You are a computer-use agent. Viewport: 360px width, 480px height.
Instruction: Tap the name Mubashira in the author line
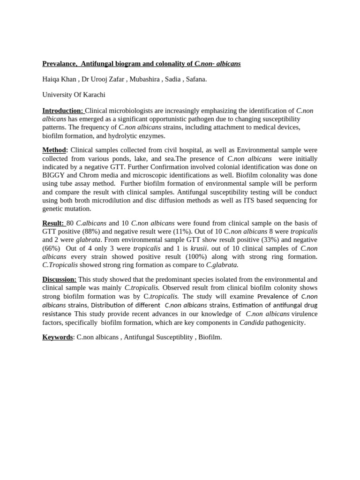[143, 79]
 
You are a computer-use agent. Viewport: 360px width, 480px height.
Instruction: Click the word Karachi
[93, 95]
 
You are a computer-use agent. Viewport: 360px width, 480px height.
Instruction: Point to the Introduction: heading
[63, 111]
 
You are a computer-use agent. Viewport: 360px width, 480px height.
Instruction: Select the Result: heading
[53, 223]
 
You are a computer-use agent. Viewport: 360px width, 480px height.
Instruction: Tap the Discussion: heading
[60, 279]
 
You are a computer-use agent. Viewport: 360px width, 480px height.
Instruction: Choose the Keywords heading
[58, 337]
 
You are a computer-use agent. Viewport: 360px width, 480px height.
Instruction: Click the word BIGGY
[53, 175]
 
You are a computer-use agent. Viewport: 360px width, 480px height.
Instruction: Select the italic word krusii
[199, 248]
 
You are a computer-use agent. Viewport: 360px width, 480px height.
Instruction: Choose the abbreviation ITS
[244, 201]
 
